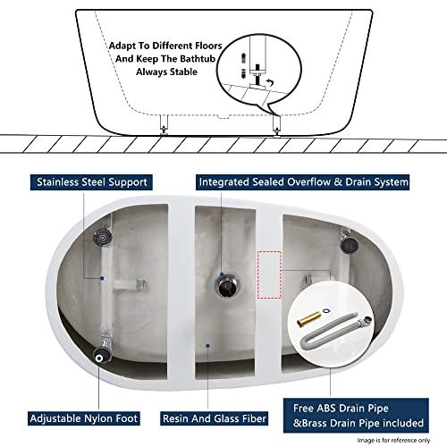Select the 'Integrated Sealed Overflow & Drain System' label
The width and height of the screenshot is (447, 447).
tap(303, 182)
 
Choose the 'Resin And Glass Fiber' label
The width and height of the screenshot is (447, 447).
tap(217, 417)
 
